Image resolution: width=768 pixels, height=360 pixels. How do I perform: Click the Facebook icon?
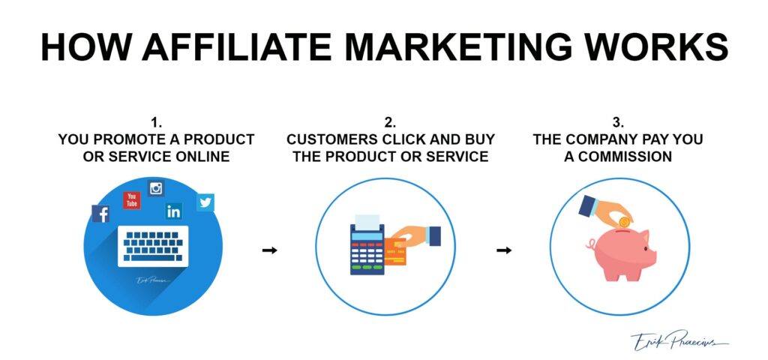pyautogui.click(x=100, y=214)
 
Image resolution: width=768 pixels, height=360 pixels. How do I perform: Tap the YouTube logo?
pyautogui.click(x=132, y=200)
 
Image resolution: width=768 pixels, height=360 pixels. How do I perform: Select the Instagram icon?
pyautogui.click(x=156, y=188)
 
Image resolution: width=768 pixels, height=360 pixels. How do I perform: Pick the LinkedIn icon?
pyautogui.click(x=173, y=211)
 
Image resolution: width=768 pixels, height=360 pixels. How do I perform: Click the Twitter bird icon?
pyautogui.click(x=205, y=202)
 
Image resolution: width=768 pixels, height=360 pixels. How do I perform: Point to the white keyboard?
pyautogui.click(x=153, y=246)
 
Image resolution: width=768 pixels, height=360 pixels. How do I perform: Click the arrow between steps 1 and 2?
pyautogui.click(x=269, y=250)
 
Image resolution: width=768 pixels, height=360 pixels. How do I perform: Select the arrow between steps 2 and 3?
pyautogui.click(x=504, y=250)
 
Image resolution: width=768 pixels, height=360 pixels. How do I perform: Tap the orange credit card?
pyautogui.click(x=395, y=251)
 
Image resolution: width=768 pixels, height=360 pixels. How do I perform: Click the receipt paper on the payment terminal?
pyautogui.click(x=367, y=222)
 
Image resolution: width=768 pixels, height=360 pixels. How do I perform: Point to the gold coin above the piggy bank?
pyautogui.click(x=625, y=222)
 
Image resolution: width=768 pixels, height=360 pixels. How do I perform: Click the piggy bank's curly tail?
pyautogui.click(x=590, y=244)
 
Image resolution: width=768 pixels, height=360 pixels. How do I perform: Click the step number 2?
pyautogui.click(x=390, y=123)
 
